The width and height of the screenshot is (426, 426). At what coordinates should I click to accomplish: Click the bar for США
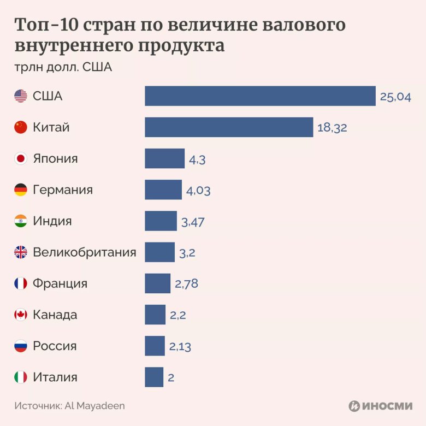[260, 96]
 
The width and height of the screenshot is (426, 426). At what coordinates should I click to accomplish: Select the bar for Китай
[229, 127]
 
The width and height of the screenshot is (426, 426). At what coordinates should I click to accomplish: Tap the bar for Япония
[164, 158]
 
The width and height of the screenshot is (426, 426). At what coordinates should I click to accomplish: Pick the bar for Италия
[154, 377]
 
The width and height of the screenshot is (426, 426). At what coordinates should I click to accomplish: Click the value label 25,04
[395, 97]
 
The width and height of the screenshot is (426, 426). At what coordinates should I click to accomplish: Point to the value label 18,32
[332, 128]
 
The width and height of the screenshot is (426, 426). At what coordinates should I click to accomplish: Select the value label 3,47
[192, 222]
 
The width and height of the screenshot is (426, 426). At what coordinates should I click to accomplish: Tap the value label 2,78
[186, 284]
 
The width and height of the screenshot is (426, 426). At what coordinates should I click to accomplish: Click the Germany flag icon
[21, 190]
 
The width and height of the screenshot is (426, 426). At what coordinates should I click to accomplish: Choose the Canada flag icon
[21, 315]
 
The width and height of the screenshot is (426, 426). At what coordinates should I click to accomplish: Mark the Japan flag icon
[21, 159]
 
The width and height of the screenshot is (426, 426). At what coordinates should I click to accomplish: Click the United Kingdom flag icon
[21, 252]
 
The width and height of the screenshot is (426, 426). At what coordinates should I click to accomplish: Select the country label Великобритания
[85, 252]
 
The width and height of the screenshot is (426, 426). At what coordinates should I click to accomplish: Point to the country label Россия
[55, 346]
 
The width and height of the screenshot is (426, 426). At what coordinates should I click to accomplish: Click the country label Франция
[60, 283]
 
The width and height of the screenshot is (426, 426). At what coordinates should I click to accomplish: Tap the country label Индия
[52, 221]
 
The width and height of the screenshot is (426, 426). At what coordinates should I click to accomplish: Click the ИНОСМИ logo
[380, 406]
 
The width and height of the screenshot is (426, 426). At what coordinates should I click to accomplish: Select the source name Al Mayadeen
[95, 406]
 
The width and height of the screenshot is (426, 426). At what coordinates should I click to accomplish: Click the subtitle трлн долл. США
[63, 68]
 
